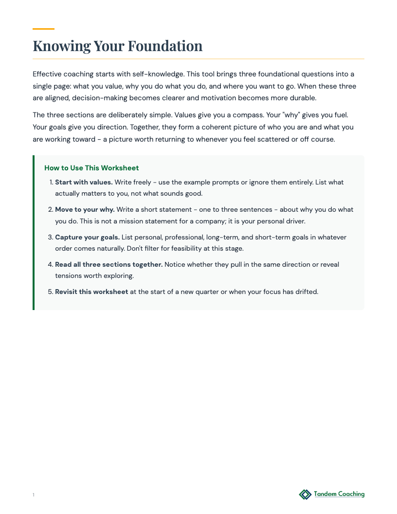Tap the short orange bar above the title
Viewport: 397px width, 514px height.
(x=43, y=29)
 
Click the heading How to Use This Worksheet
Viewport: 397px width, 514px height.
(x=91, y=168)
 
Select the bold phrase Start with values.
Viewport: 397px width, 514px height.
(x=84, y=182)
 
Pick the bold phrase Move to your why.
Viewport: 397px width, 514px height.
(x=85, y=209)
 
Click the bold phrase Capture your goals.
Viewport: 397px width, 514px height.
(x=87, y=237)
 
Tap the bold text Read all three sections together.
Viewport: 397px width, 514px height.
(x=108, y=264)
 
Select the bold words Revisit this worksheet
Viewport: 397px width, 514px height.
(x=91, y=292)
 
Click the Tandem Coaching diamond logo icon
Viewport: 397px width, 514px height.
(x=305, y=495)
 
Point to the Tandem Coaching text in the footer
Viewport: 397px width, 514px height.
(x=339, y=494)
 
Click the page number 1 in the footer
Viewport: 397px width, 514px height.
(x=34, y=495)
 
